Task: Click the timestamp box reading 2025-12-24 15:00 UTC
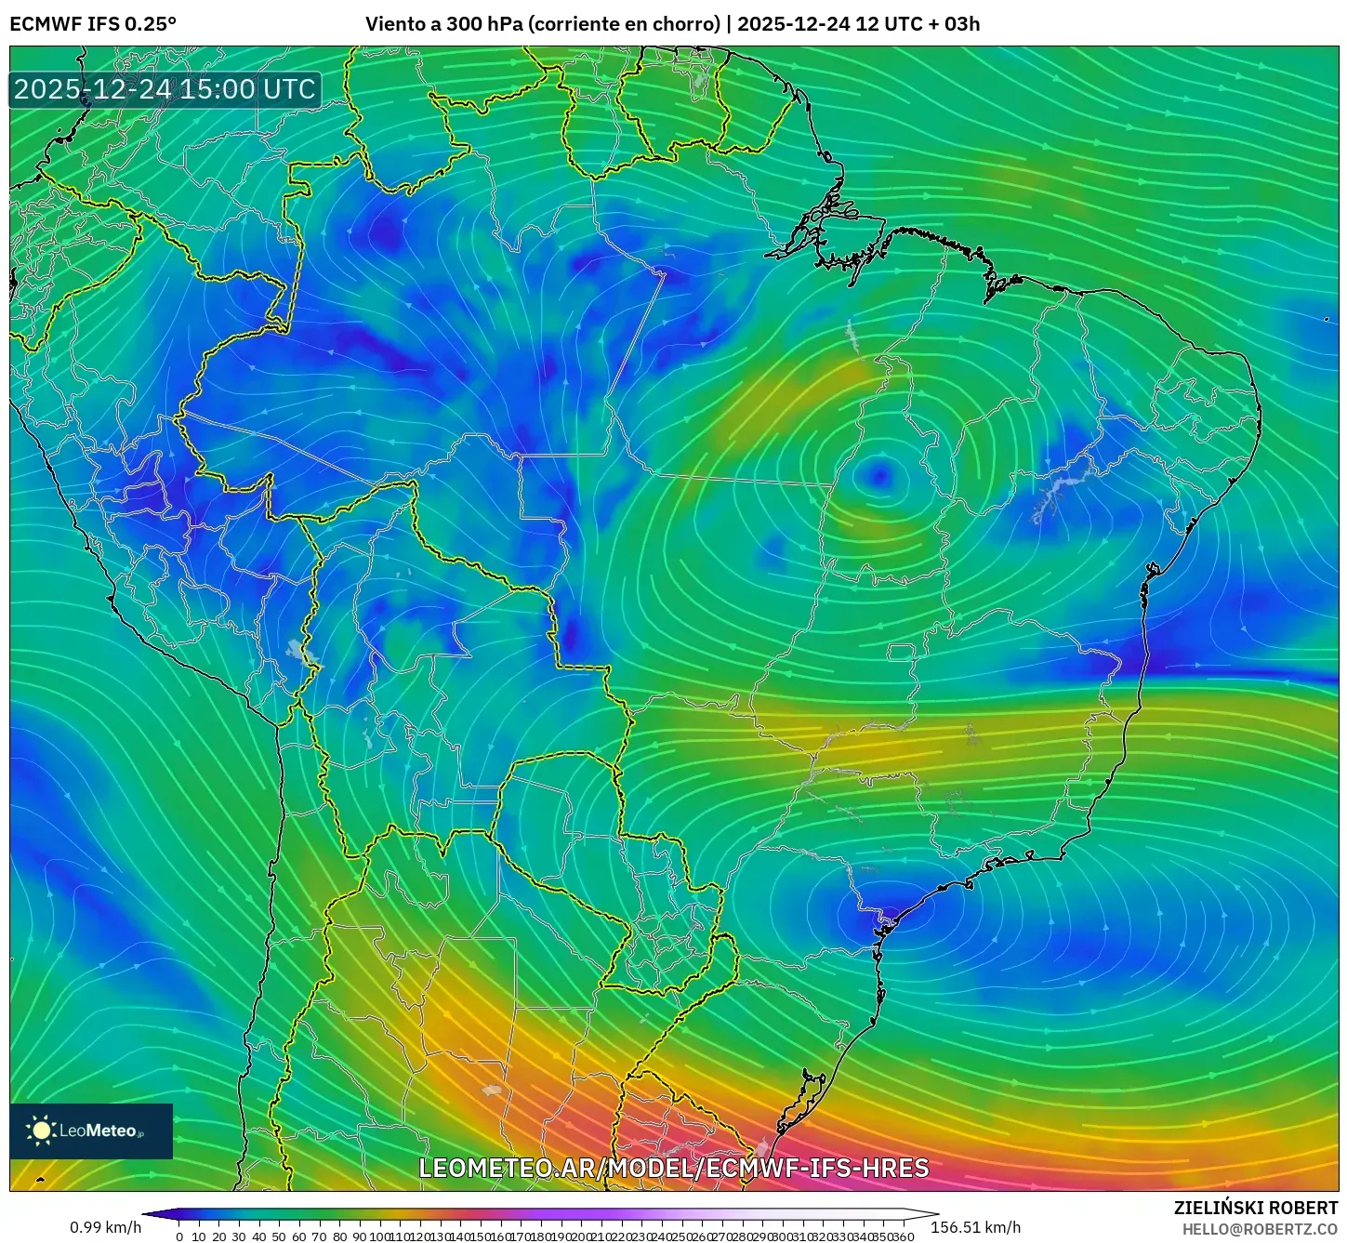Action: (x=165, y=89)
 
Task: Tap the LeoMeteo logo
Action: (x=91, y=1131)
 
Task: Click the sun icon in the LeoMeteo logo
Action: (x=41, y=1130)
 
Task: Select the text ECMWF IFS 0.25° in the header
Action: (x=93, y=24)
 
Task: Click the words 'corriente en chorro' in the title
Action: (x=624, y=24)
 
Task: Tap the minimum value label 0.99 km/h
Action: (x=105, y=1227)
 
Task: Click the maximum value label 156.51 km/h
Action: (x=975, y=1227)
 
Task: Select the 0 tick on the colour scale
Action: (x=179, y=1236)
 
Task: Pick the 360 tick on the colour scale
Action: (x=903, y=1236)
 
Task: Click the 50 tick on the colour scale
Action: (x=279, y=1236)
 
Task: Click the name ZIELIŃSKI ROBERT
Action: (x=1256, y=1208)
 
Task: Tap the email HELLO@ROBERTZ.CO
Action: (x=1260, y=1229)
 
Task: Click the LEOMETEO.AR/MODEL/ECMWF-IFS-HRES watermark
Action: (x=674, y=1168)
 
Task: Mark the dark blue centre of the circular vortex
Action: (x=879, y=476)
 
